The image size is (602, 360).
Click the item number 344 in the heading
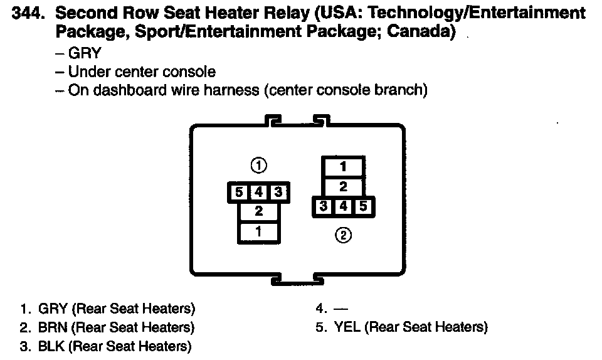coord(28,13)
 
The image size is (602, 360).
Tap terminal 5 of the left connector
coord(239,193)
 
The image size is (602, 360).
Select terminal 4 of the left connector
coord(259,193)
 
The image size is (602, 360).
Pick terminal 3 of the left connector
coord(278,193)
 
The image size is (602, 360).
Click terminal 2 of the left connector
coord(259,212)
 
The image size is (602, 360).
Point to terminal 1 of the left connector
coord(259,231)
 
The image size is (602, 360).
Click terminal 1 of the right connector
coord(343,167)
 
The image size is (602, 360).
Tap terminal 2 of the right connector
coord(343,186)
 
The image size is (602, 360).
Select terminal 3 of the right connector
coord(324,206)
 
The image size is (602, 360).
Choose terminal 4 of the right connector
coord(343,206)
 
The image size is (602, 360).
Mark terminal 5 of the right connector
coord(363,206)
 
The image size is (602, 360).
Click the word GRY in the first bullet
coord(85,53)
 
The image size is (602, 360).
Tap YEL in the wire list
coord(347,327)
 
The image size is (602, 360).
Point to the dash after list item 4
coord(340,309)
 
